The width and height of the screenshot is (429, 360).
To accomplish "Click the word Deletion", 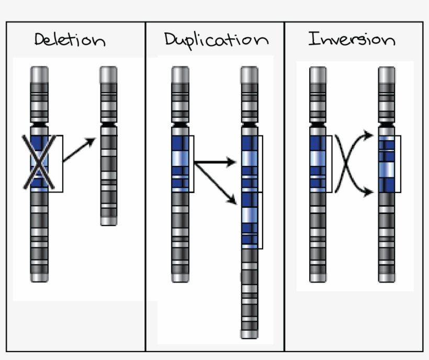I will coord(70,40).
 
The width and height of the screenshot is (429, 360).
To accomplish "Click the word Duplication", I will coord(216,40).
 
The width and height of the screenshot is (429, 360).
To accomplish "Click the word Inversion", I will coord(351,40).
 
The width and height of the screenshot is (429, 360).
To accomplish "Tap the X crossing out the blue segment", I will coord(39,162).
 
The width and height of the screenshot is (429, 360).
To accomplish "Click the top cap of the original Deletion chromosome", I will coord(39,73).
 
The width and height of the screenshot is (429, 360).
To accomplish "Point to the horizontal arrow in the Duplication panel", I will coord(214,163).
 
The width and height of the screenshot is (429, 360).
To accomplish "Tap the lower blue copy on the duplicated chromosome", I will coord(250,220).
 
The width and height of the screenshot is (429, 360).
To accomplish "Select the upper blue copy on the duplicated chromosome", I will coord(250,163).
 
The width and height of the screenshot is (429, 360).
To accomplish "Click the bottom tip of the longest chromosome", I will coord(250,334).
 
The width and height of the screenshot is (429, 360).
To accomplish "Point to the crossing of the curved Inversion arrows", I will coord(345,163).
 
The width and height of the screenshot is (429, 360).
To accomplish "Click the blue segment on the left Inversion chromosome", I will coord(318,163).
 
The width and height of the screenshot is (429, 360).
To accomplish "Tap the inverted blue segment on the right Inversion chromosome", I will coord(387,163).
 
